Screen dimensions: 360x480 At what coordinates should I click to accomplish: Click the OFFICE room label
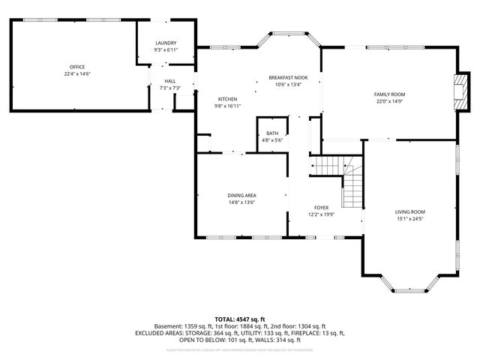click(x=73, y=67)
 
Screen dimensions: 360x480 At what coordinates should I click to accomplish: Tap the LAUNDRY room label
click(x=166, y=43)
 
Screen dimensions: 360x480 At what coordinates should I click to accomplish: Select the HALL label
click(x=170, y=81)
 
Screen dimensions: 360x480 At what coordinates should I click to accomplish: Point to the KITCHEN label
click(x=228, y=99)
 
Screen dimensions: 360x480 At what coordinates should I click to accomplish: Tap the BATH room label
click(x=271, y=133)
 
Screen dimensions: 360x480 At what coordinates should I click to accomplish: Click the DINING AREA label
click(x=242, y=195)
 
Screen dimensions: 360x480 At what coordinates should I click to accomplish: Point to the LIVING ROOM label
click(x=410, y=212)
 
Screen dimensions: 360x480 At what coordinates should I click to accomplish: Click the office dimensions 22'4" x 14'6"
click(x=73, y=74)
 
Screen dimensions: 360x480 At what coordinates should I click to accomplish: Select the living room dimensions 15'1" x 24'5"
click(x=410, y=220)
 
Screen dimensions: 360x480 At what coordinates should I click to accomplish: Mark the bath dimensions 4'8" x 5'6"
click(x=271, y=140)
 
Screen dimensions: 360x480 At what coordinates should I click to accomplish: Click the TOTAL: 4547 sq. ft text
click(x=239, y=319)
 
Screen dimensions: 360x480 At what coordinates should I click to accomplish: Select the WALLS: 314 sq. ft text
click(x=271, y=339)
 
